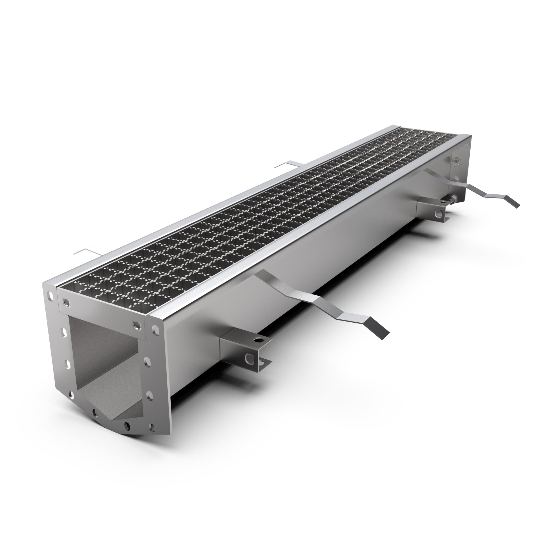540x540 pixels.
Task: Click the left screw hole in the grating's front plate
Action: [x=66, y=302]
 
